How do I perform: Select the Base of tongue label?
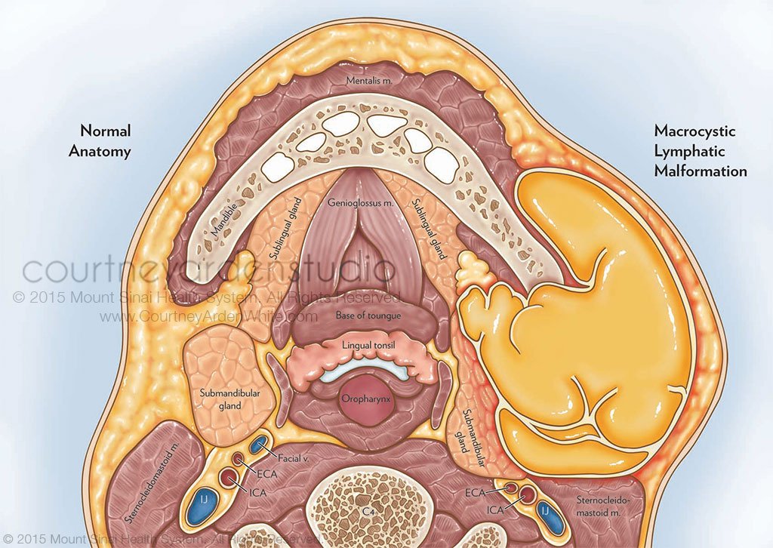pyautogui.click(x=370, y=315)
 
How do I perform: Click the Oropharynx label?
pyautogui.click(x=365, y=398)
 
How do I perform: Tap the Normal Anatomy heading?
pyautogui.click(x=100, y=140)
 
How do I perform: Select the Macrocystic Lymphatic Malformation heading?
pyautogui.click(x=701, y=151)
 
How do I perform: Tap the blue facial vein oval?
pyautogui.click(x=260, y=445)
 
